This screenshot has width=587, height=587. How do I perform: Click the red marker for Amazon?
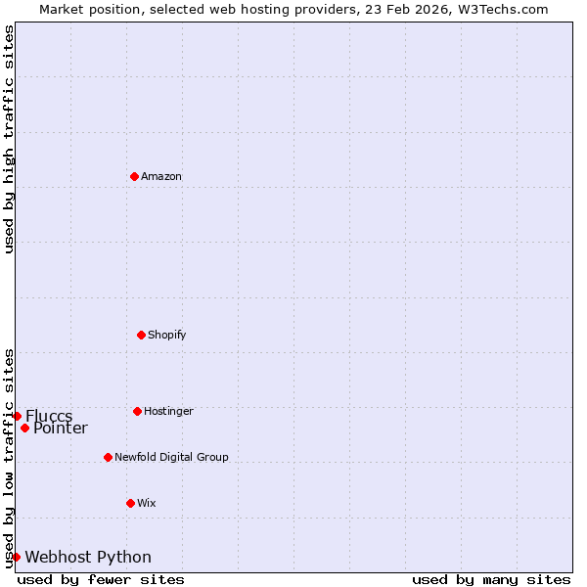pyautogui.click(x=134, y=176)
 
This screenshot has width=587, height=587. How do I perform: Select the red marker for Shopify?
pyautogui.click(x=141, y=335)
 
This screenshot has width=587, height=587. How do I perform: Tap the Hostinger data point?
pyautogui.click(x=137, y=411)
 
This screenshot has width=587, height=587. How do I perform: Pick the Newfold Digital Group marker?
pyautogui.click(x=108, y=457)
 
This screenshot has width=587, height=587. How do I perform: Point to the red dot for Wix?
pyautogui.click(x=130, y=503)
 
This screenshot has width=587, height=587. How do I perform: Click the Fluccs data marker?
pyautogui.click(x=17, y=416)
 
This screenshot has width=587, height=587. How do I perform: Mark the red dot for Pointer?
pyautogui.click(x=24, y=428)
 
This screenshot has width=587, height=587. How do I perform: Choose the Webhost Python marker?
pyautogui.click(x=16, y=557)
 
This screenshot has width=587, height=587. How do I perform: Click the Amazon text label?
pyautogui.click(x=161, y=176)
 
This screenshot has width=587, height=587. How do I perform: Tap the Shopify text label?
pyautogui.click(x=167, y=335)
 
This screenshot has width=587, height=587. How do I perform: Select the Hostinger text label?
pyautogui.click(x=168, y=411)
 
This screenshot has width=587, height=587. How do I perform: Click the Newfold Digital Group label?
pyautogui.click(x=171, y=457)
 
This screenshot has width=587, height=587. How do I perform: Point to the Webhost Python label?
pyautogui.click(x=88, y=557)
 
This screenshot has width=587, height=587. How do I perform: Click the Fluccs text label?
pyautogui.click(x=49, y=416)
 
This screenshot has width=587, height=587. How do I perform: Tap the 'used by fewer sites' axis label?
pyautogui.click(x=101, y=579)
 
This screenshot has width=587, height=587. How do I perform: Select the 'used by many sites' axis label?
pyautogui.click(x=491, y=579)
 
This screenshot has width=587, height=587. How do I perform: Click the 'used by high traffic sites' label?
pyautogui.click(x=9, y=139)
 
